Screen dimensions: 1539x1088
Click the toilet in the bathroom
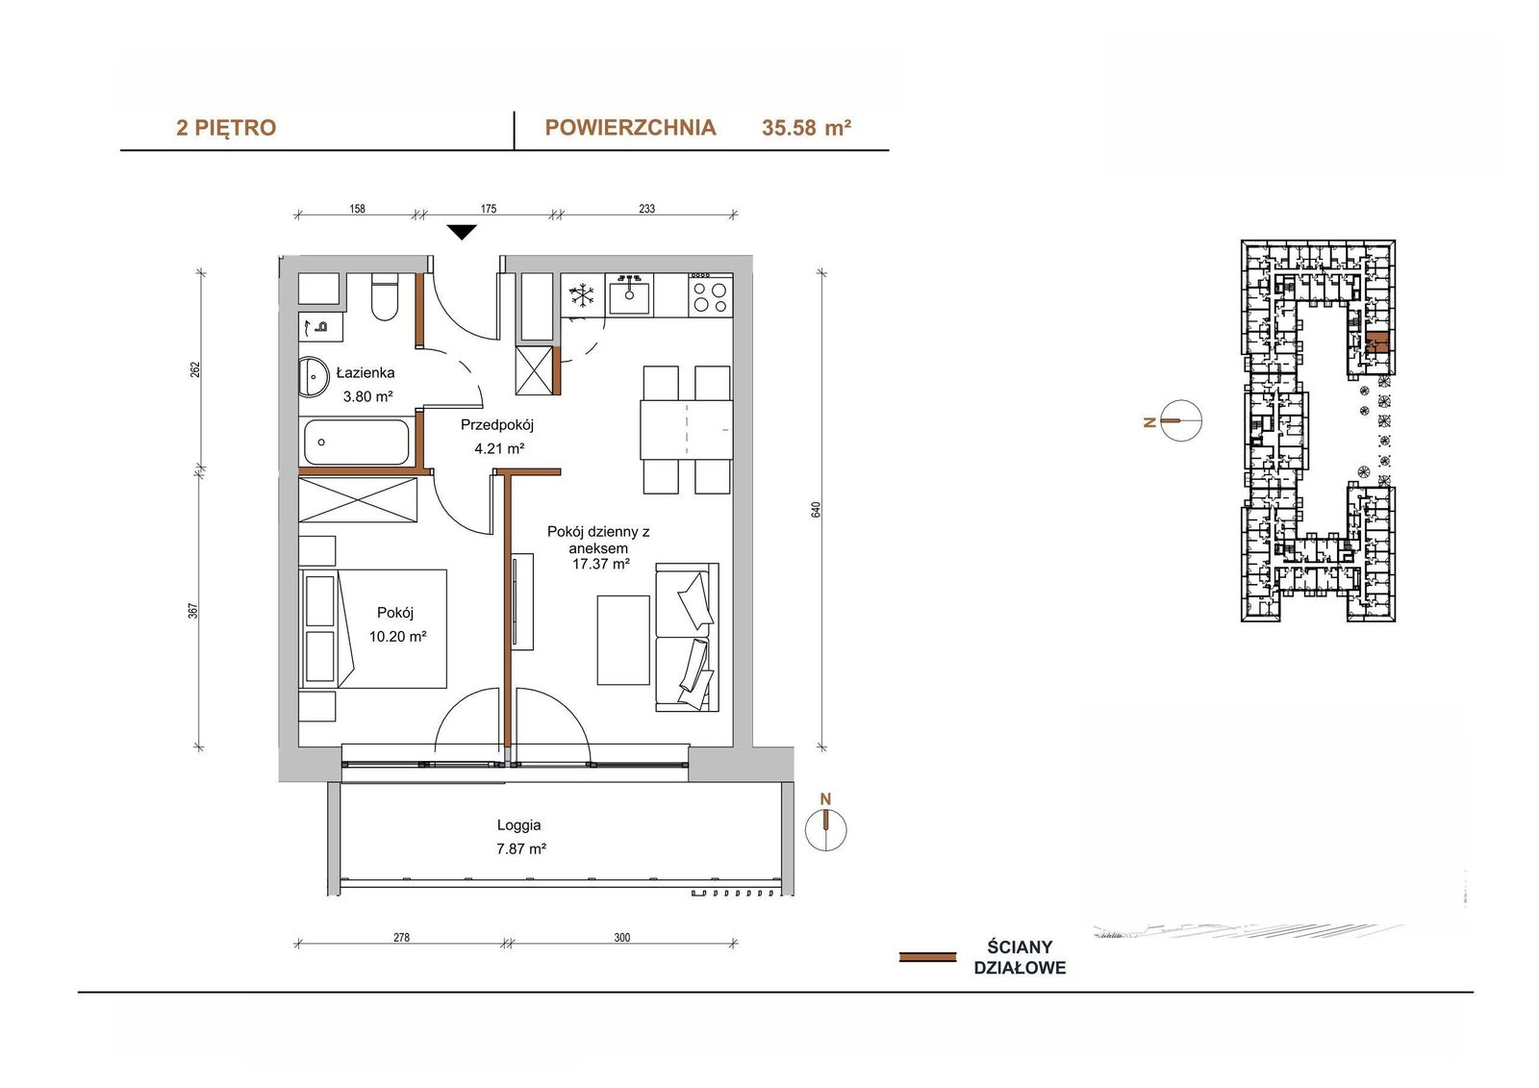point(385,297)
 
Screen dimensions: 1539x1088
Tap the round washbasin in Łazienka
point(314,377)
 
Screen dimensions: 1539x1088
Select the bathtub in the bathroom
point(357,442)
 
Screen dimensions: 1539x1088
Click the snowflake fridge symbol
point(583,295)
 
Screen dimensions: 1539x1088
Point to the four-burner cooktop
point(710,295)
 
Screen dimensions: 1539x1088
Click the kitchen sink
point(629,295)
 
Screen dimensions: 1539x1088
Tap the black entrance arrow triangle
point(462,232)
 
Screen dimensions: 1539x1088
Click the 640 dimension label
point(817,509)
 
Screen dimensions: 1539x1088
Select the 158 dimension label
point(357,208)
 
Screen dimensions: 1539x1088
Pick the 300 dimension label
point(621,938)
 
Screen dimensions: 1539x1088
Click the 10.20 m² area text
point(398,637)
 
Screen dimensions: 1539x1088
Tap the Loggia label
point(519,824)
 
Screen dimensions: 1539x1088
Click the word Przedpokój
point(496,425)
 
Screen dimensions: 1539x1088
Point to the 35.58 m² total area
point(807,128)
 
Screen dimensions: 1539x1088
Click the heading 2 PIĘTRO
point(226,128)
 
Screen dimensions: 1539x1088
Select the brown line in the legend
point(927,957)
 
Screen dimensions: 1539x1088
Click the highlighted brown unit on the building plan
point(1376,342)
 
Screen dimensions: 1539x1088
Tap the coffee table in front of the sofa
point(623,640)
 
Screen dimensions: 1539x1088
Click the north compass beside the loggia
point(826,829)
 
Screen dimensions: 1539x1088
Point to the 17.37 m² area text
point(601,565)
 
